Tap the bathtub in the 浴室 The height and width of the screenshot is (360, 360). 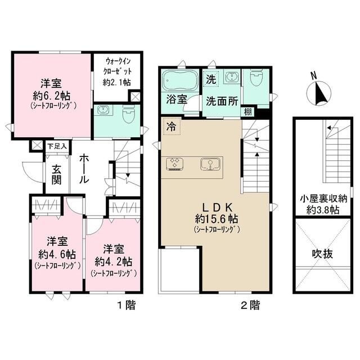180,80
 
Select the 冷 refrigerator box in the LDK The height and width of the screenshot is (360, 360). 172,126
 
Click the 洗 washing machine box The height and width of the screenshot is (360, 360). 211,79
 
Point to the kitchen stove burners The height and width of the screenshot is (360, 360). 175,164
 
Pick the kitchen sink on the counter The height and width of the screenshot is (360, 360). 210,164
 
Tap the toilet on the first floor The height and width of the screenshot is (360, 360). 129,114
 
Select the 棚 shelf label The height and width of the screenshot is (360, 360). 247,112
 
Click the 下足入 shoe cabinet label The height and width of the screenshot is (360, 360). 57,146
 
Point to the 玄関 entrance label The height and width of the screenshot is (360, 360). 56,174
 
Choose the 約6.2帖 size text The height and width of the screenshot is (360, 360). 51,96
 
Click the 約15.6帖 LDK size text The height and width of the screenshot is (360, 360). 217,219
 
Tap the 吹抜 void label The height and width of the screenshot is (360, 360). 322,254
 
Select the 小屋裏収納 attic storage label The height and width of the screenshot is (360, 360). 323,199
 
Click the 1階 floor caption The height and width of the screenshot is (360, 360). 127,305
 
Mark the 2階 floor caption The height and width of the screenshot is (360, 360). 251,305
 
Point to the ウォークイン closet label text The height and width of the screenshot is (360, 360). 118,61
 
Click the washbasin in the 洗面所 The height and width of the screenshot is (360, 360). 232,76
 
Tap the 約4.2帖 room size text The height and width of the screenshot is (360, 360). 113,262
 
